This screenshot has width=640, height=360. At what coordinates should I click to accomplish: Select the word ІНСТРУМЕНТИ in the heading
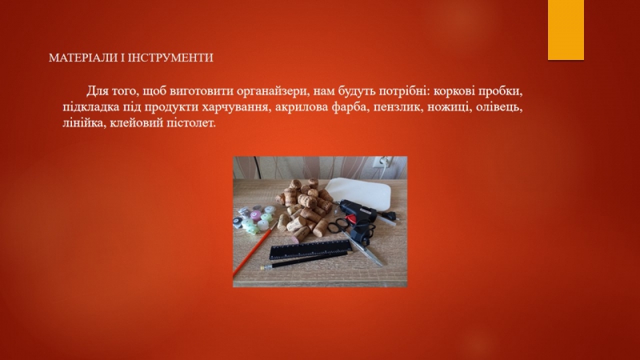click(170, 58)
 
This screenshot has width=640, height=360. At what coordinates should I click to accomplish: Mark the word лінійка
click(84, 122)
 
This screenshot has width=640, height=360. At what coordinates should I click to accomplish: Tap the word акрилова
click(302, 107)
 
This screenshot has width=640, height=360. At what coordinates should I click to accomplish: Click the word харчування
click(237, 107)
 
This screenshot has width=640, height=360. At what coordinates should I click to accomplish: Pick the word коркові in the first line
click(454, 91)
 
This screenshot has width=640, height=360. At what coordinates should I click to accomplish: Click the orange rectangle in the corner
click(566, 30)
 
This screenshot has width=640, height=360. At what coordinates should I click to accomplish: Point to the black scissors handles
click(338, 226)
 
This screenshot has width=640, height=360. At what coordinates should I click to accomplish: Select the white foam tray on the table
click(358, 193)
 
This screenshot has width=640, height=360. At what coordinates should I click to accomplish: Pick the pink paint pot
click(256, 215)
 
